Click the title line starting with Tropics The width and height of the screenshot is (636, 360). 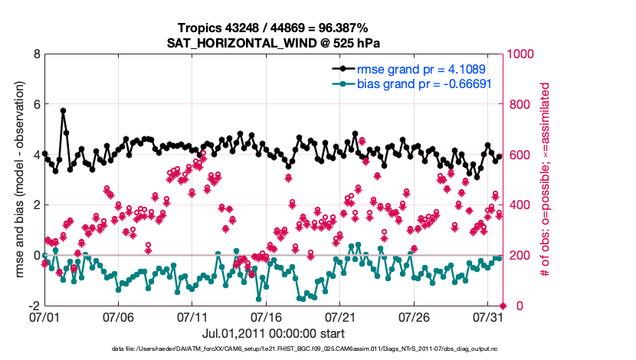pyautogui.click(x=274, y=28)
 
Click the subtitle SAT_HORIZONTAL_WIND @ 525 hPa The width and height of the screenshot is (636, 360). pyautogui.click(x=274, y=42)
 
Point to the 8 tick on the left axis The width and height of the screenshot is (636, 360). pyautogui.click(x=36, y=54)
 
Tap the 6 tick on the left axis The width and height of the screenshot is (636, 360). pyautogui.click(x=36, y=104)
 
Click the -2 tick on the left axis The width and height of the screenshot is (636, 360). pyautogui.click(x=33, y=306)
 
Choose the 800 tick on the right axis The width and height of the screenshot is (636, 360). pyautogui.click(x=521, y=104)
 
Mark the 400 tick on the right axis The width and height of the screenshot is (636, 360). pyautogui.click(x=521, y=205)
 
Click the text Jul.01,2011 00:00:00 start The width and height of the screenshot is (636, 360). pyautogui.click(x=274, y=333)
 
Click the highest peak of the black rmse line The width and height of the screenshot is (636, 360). pyautogui.click(x=63, y=110)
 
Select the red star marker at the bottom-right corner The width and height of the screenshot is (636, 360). pyautogui.click(x=502, y=306)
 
